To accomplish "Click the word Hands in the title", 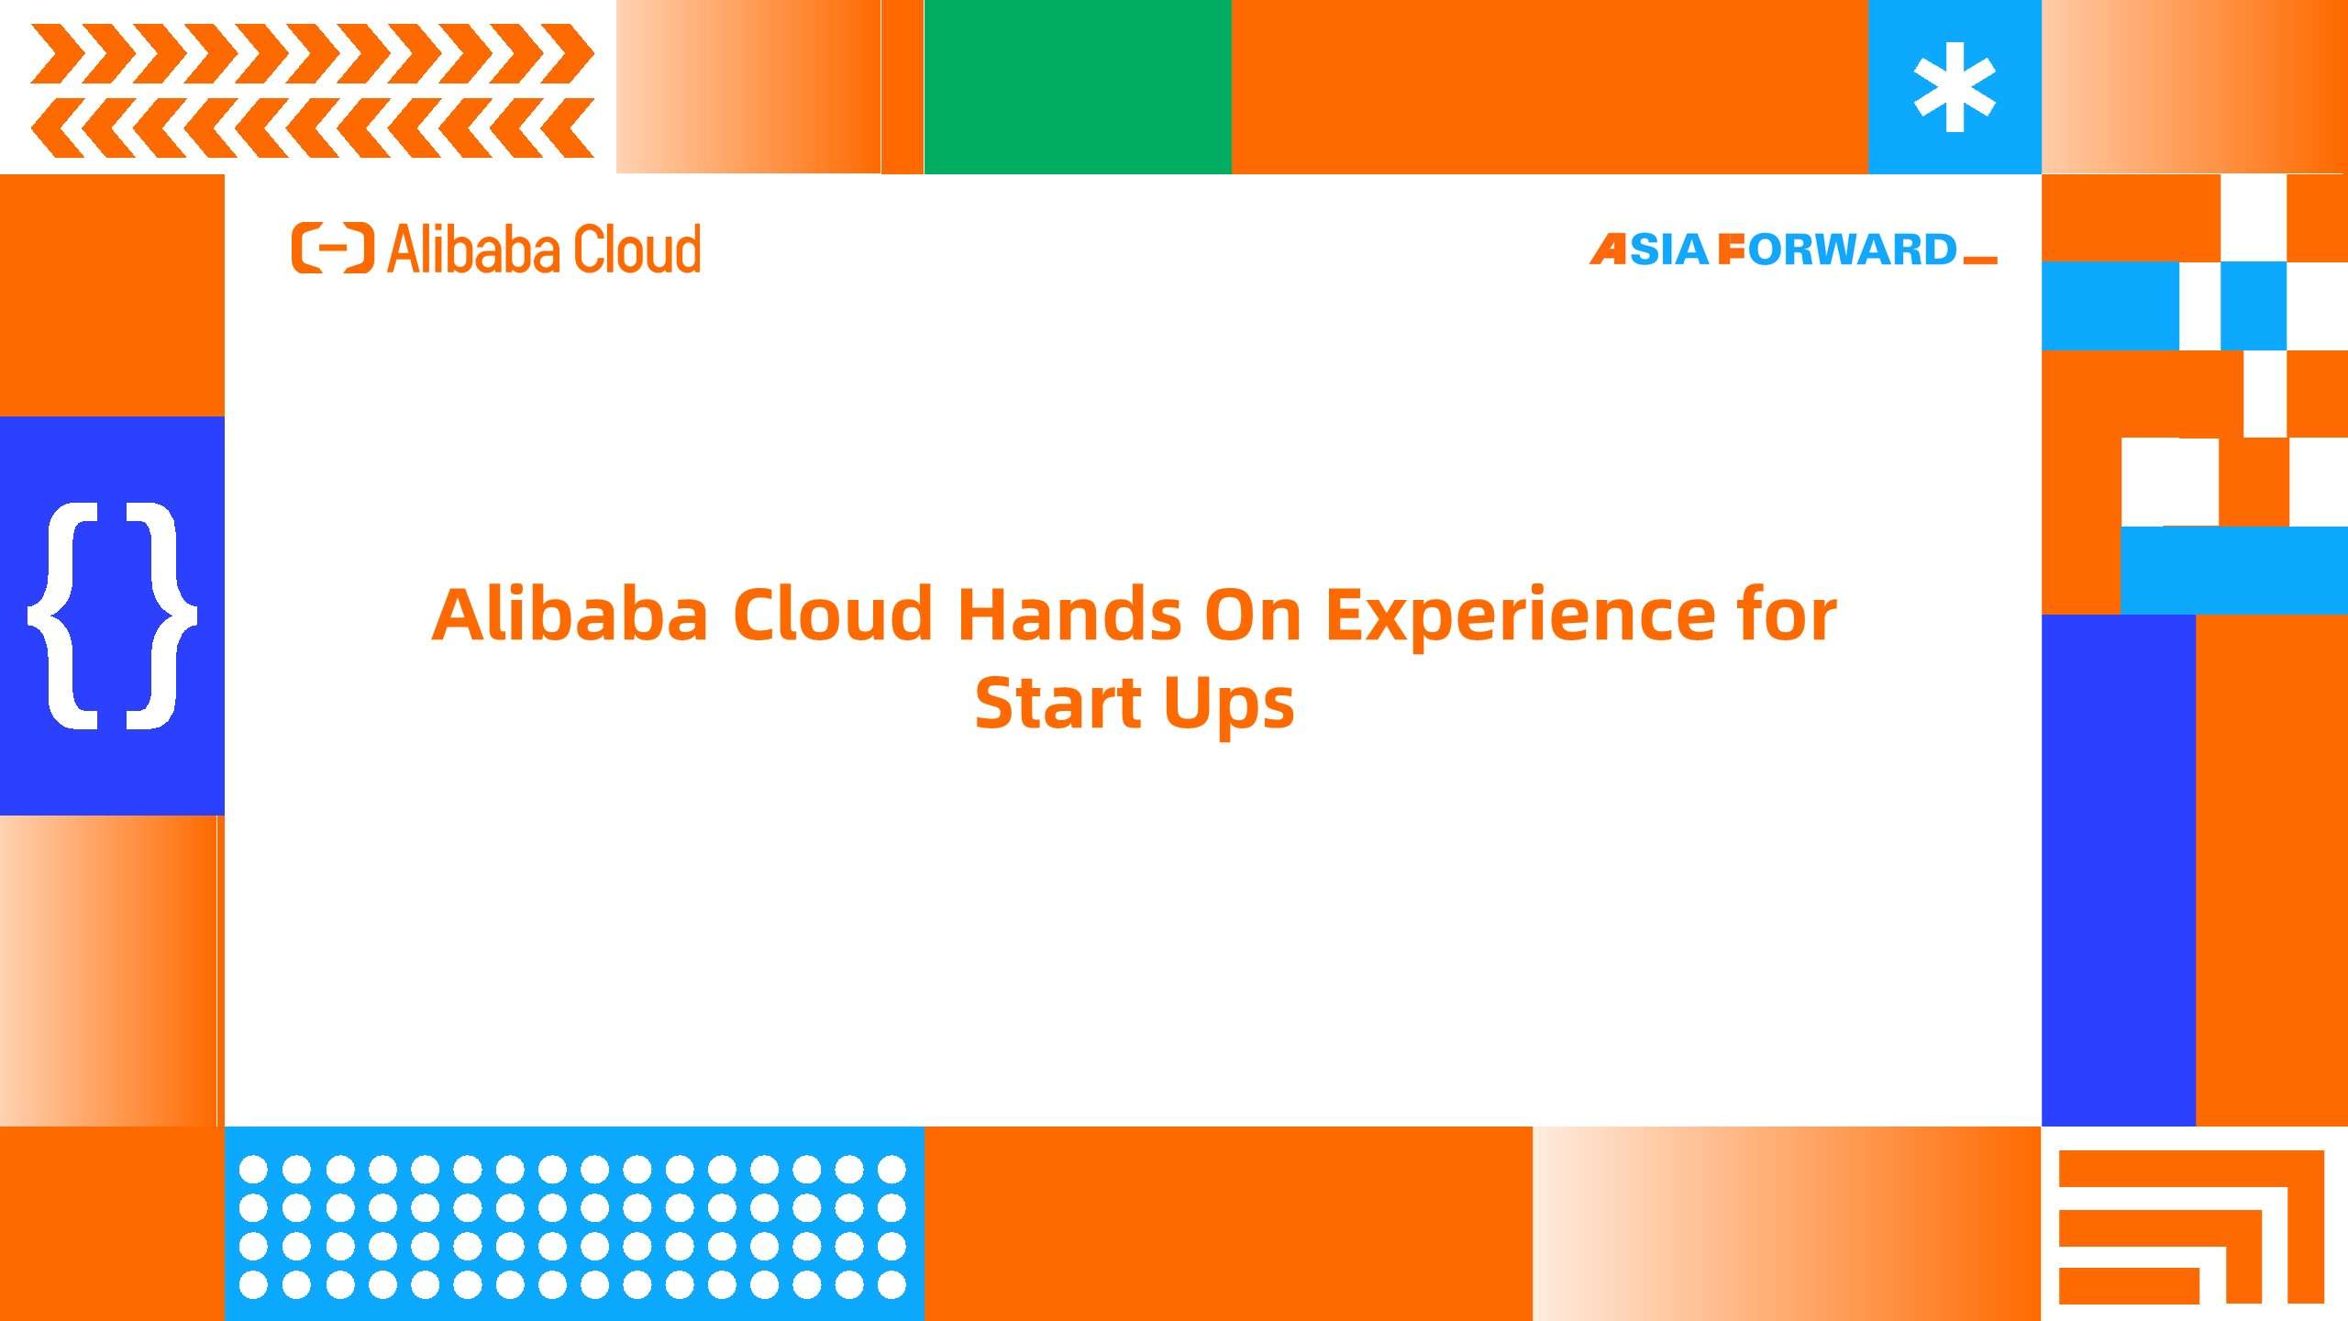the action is (x=1069, y=614).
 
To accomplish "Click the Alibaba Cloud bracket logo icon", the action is (x=333, y=248).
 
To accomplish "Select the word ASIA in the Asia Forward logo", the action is (x=1649, y=250).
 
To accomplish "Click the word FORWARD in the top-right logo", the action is (x=1837, y=250).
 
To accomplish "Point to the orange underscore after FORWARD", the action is (x=1980, y=261).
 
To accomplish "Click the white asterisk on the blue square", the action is (x=1955, y=87).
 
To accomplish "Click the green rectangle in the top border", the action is (x=1078, y=87).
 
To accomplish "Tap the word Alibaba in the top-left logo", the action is (x=464, y=249).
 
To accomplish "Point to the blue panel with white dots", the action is (x=574, y=1224).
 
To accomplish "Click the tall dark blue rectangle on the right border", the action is (x=2119, y=870).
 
